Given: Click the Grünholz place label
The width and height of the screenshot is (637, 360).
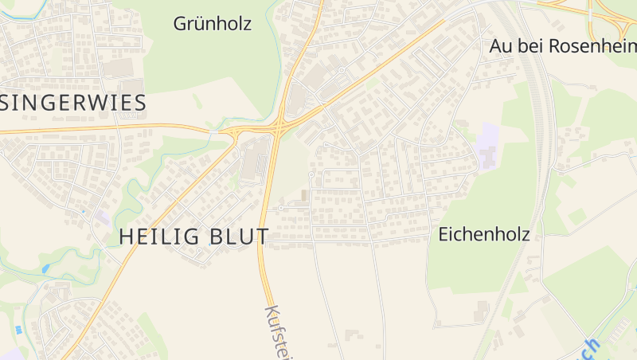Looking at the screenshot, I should click(213, 24).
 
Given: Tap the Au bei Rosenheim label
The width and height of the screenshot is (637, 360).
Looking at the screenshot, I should click(562, 46).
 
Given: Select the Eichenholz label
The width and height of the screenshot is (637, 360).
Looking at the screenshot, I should click(484, 234).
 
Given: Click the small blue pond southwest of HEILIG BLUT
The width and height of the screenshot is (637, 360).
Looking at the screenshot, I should click(45, 268).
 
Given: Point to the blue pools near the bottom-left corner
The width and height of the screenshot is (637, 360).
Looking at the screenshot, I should click(18, 329).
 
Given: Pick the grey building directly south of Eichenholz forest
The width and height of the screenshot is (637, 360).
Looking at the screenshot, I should click(481, 311).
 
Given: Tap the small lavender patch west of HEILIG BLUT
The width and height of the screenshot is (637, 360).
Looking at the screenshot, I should click(101, 217).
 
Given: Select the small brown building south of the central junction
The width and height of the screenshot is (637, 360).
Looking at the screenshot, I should click(303, 195).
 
